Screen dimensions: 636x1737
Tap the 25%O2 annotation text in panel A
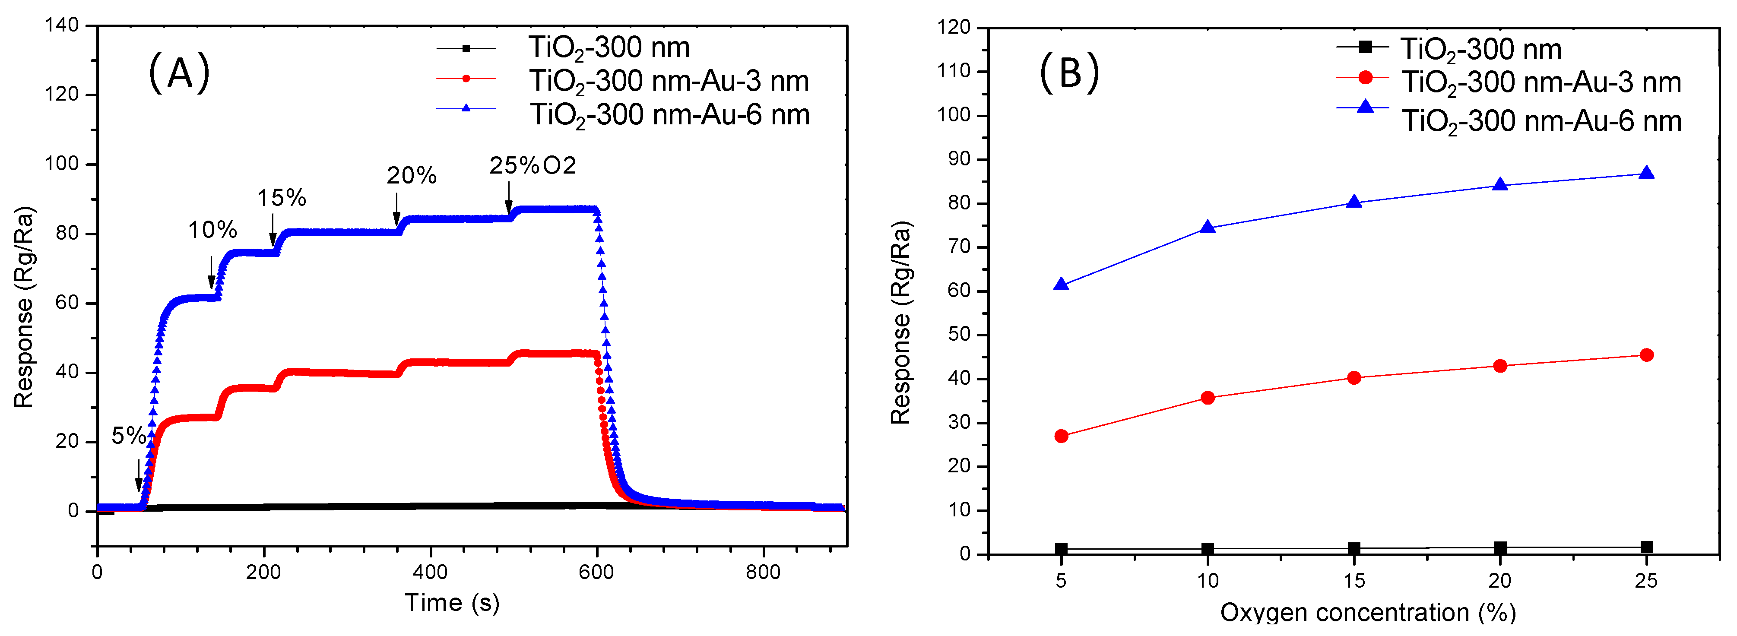533,165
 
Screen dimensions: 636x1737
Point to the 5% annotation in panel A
128,436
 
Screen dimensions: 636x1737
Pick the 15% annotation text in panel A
281,198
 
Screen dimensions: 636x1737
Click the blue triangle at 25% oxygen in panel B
1646,173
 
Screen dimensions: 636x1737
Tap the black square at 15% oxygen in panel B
1354,549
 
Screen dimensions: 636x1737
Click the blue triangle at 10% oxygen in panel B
1208,227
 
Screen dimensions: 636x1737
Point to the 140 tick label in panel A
62,25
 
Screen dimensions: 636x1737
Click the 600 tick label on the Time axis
596,573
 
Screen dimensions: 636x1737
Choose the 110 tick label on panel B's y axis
954,71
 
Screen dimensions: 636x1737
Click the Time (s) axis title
452,603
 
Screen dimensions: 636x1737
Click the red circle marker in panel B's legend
1365,78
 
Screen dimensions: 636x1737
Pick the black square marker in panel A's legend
466,48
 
